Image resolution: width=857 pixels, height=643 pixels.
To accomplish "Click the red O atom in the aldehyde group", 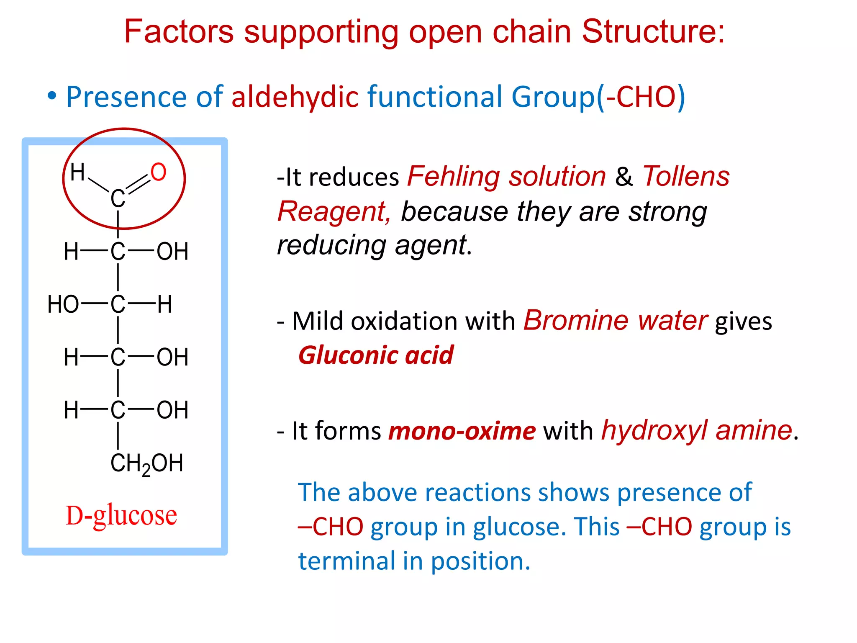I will [159, 172].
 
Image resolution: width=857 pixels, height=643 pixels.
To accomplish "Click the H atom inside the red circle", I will [77, 172].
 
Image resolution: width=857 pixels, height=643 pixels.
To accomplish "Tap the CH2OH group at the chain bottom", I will [146, 463].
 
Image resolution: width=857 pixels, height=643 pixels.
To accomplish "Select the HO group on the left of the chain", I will [63, 304].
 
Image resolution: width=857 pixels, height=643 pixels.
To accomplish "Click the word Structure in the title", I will [653, 31].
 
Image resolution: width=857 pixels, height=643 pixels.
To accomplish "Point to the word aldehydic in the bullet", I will [295, 97].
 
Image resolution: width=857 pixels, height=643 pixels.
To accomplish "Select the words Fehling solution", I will [506, 176].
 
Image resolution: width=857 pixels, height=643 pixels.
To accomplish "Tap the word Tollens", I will [686, 176].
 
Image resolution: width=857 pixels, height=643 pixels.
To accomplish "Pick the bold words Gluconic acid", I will [376, 355].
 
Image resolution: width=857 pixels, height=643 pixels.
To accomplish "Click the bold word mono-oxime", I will [462, 431].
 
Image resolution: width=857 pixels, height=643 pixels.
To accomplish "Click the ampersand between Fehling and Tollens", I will [624, 177].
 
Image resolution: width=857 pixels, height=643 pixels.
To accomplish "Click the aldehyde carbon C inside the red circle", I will [118, 198].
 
